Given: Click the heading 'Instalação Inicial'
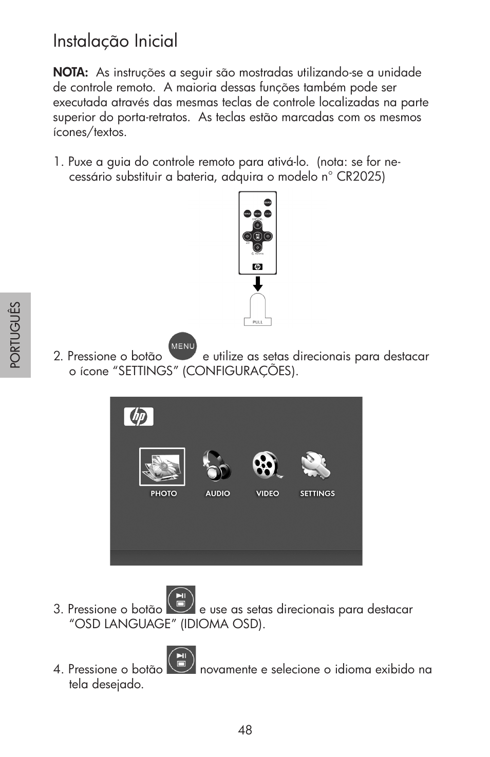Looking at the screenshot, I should [x=115, y=41].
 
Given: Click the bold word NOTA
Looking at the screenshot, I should [x=70, y=73].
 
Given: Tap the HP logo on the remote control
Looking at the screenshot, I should [x=258, y=267].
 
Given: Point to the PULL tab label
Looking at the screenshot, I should [x=258, y=322].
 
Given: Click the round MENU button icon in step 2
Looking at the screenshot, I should [x=183, y=346].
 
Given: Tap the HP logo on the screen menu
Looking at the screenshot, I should [x=139, y=417].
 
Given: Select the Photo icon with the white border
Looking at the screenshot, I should [x=162, y=467].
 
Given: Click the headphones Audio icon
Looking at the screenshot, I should [x=217, y=465].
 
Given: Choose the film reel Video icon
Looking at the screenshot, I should [x=267, y=465].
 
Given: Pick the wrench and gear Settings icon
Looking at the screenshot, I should [x=316, y=465].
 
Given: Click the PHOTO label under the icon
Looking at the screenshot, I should [x=163, y=494].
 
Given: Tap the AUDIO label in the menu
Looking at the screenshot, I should [x=218, y=494].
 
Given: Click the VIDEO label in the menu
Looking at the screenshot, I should [x=268, y=494].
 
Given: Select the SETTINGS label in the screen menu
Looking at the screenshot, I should [x=317, y=494].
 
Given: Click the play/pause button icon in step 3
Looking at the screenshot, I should [x=181, y=600].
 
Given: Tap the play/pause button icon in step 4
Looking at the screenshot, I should [x=181, y=660].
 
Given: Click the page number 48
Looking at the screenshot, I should [x=245, y=730].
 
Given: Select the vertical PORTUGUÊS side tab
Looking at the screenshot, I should [x=15, y=335].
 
